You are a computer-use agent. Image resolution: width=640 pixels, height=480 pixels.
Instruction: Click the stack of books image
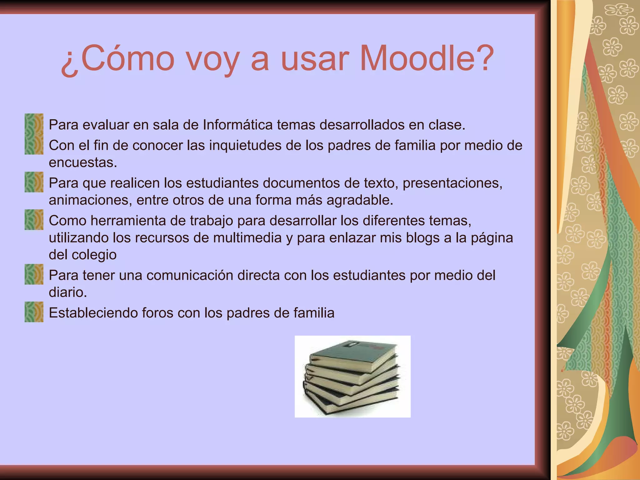352,376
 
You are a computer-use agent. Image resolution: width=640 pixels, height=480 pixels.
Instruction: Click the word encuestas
83,162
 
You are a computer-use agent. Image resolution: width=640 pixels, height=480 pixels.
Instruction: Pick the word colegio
94,255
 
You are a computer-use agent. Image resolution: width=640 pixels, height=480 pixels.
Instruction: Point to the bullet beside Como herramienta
34,220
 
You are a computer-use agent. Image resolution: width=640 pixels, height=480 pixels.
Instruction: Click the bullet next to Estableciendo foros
34,312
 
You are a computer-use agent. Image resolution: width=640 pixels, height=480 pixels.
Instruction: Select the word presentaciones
452,183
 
